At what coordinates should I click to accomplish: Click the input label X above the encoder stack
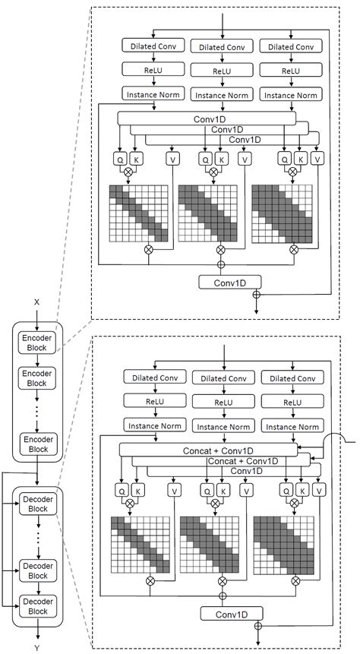pyautogui.click(x=36, y=302)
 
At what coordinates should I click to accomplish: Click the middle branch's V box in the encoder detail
pyautogui.click(x=244, y=159)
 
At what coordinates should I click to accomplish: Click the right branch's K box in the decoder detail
pyautogui.click(x=302, y=491)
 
